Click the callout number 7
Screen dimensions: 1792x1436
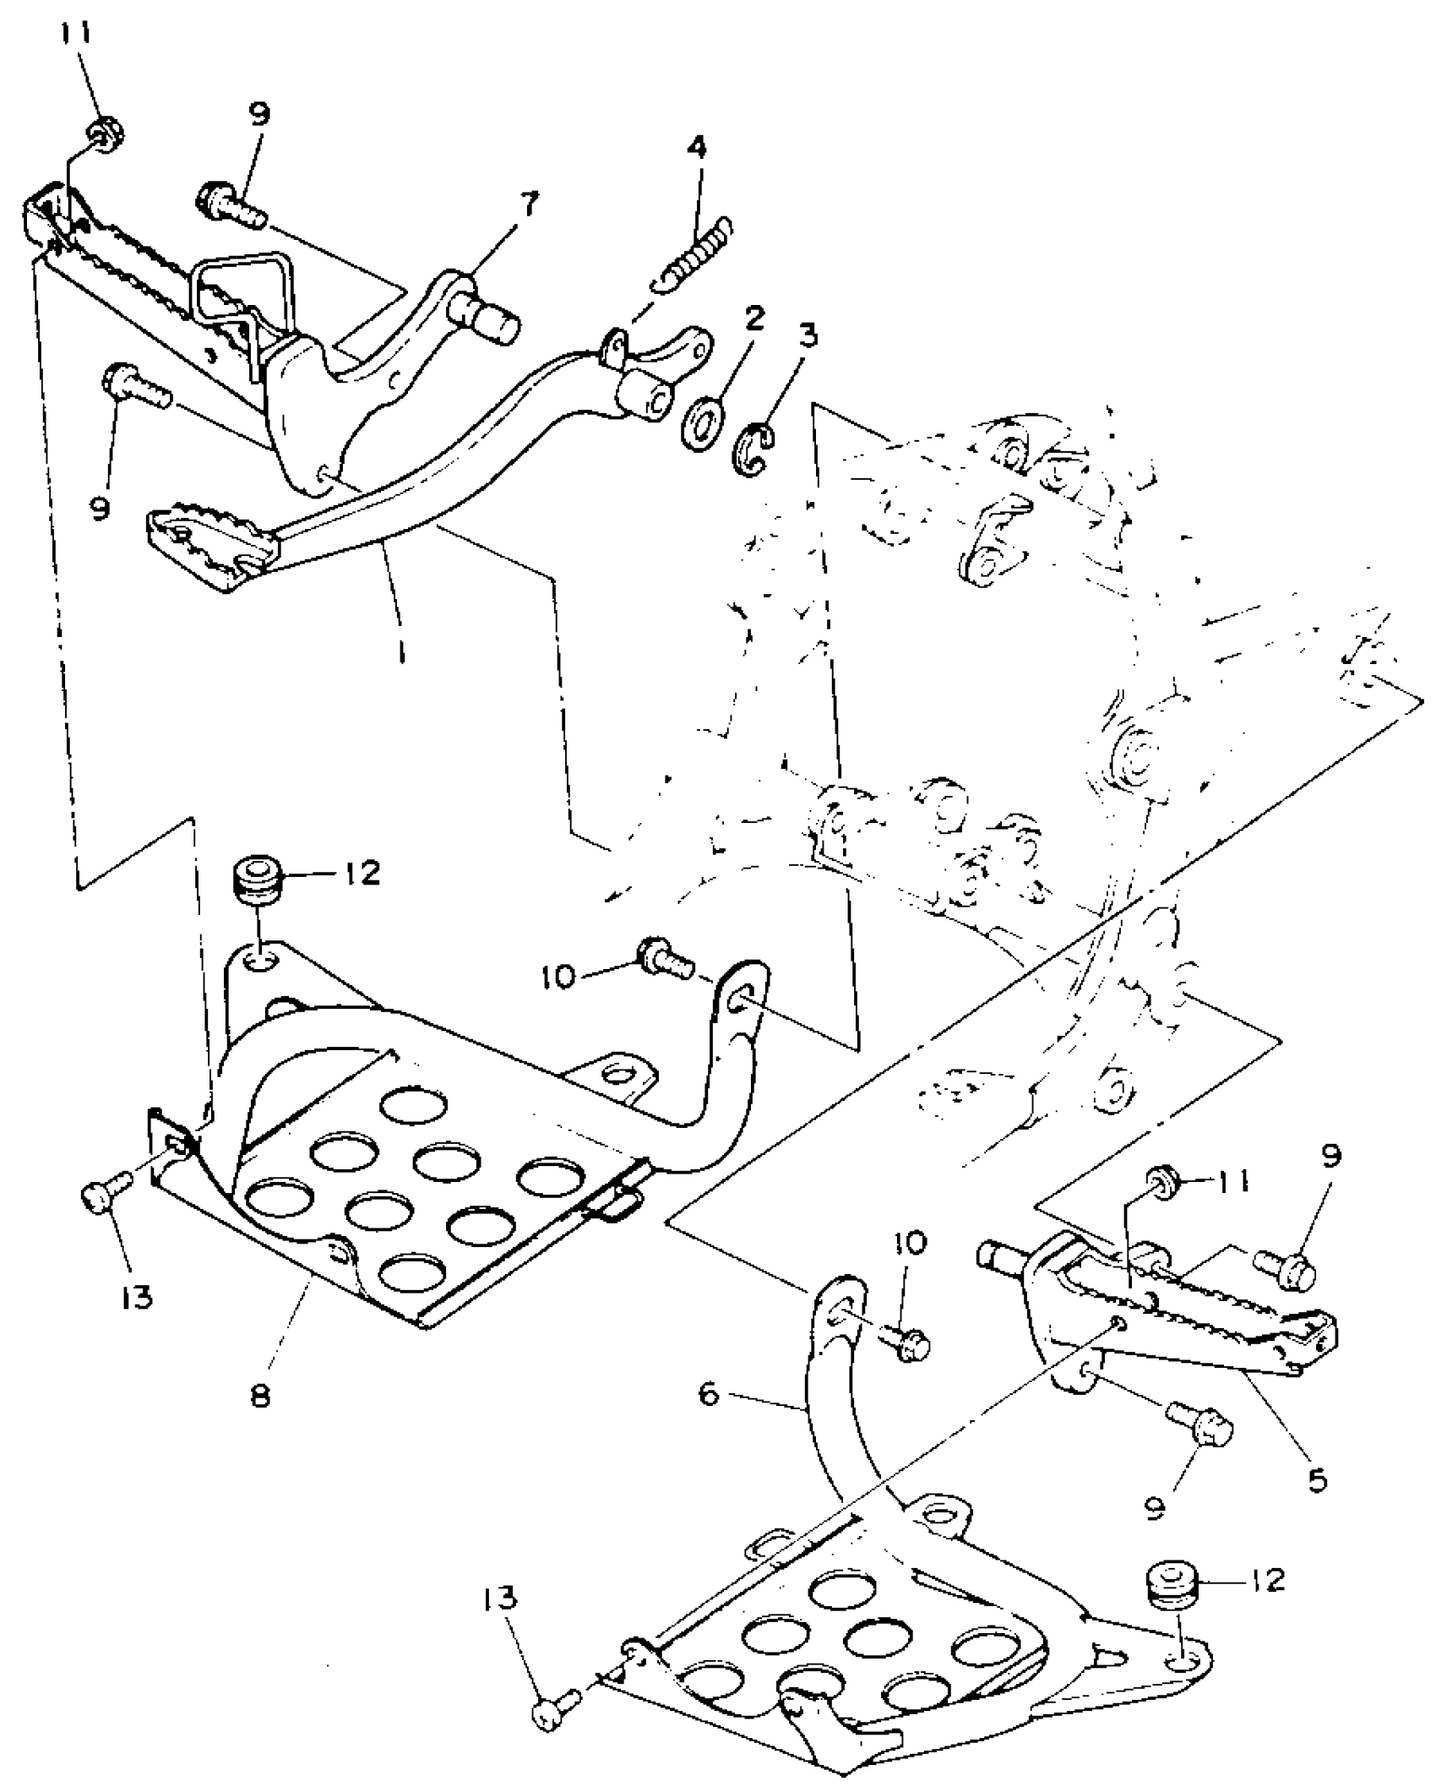529,204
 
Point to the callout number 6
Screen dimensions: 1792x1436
708,1393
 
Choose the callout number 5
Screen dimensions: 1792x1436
1317,1478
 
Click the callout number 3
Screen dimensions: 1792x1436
808,335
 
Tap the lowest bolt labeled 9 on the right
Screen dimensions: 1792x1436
1202,1426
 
